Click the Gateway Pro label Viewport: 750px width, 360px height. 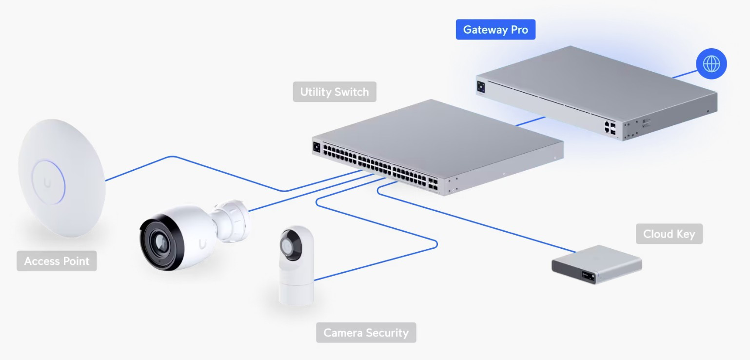(x=495, y=30)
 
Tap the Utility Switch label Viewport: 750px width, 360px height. (x=335, y=92)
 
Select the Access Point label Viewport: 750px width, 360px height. (x=57, y=261)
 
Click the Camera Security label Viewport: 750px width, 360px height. (x=366, y=333)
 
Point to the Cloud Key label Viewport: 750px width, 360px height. (x=669, y=234)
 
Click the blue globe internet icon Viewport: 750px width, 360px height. (x=711, y=64)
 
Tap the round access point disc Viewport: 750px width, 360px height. (x=61, y=178)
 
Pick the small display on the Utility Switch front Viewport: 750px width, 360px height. (x=317, y=146)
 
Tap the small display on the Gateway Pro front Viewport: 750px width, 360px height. (x=481, y=87)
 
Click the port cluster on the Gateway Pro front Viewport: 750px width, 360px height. (x=610, y=128)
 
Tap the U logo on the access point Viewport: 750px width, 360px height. (x=47, y=182)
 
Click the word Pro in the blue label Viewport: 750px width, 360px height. (x=519, y=30)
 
